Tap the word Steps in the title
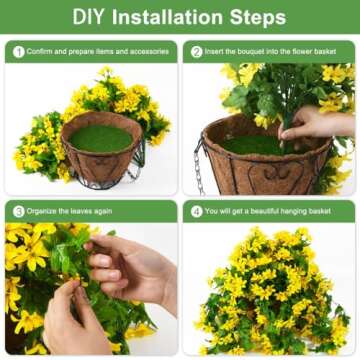click(254, 17)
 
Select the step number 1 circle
click(18, 52)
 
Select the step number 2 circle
click(197, 52)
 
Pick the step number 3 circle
click(18, 211)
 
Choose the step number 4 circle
click(197, 211)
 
